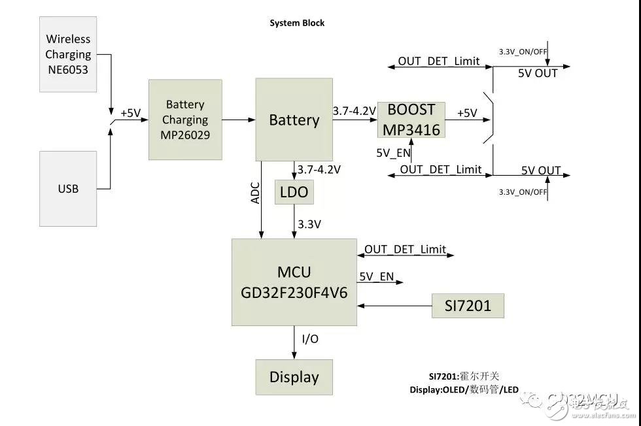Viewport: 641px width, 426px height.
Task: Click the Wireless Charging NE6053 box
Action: [67, 54]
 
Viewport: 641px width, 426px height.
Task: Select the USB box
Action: [67, 189]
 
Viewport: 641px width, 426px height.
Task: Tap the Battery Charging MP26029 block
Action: [185, 120]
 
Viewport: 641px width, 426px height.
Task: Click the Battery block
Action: [294, 120]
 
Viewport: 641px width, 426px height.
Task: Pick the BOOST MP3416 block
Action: [411, 120]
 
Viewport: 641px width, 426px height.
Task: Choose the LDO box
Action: [294, 193]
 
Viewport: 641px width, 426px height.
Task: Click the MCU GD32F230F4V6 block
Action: [294, 282]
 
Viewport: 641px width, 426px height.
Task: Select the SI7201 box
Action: [468, 305]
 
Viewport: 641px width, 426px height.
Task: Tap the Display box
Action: [294, 377]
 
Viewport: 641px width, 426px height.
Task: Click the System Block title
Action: [297, 23]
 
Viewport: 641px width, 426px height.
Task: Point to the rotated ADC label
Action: [256, 193]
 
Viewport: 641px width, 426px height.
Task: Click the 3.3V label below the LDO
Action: [310, 224]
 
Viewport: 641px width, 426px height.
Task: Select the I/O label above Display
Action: [310, 338]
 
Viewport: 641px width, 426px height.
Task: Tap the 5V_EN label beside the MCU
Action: [376, 276]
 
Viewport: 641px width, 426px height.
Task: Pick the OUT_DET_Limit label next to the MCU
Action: [405, 249]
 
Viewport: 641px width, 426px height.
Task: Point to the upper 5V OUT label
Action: [538, 73]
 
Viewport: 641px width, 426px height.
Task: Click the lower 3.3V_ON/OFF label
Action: [523, 192]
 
